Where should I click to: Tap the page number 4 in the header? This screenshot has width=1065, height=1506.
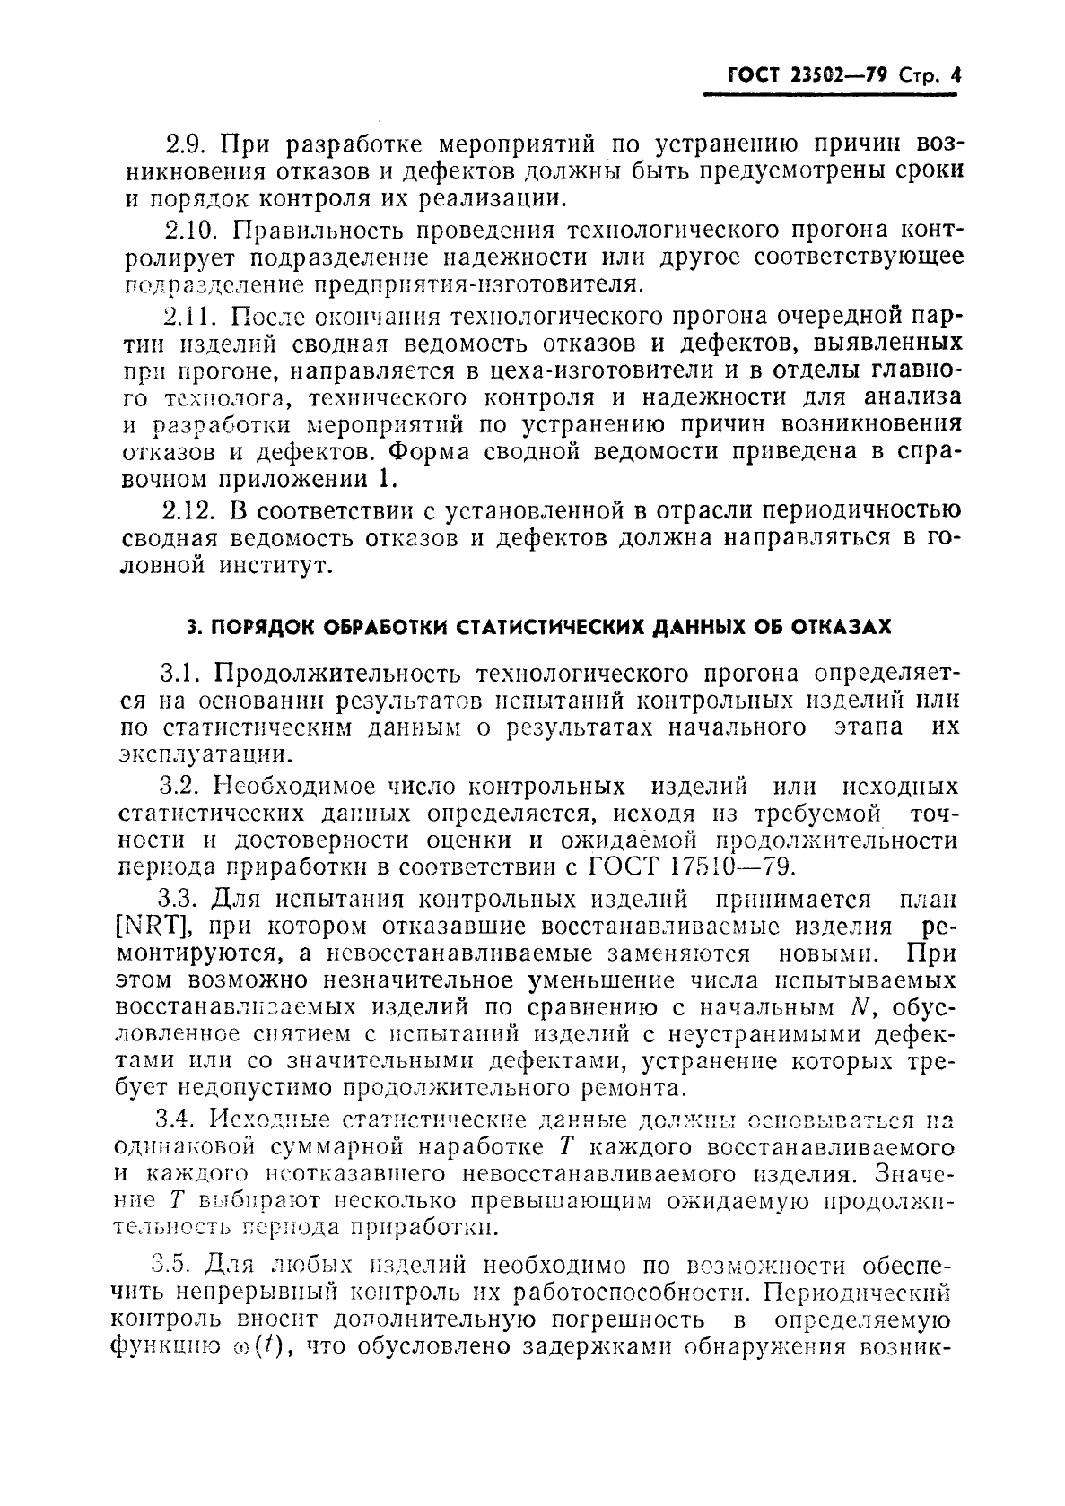tap(955, 76)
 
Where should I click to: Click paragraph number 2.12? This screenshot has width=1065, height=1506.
tap(189, 510)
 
